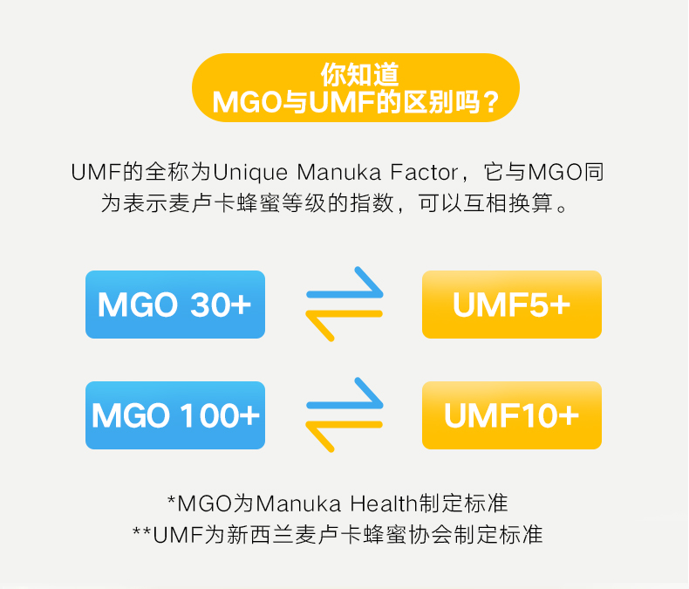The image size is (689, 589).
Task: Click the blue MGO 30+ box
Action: pos(174,305)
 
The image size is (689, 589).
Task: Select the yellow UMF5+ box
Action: pos(512,305)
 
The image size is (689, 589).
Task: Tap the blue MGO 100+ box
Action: pos(174,415)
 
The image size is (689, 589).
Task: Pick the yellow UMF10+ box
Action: pos(512,415)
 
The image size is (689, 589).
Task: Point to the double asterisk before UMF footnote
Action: pos(141,531)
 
